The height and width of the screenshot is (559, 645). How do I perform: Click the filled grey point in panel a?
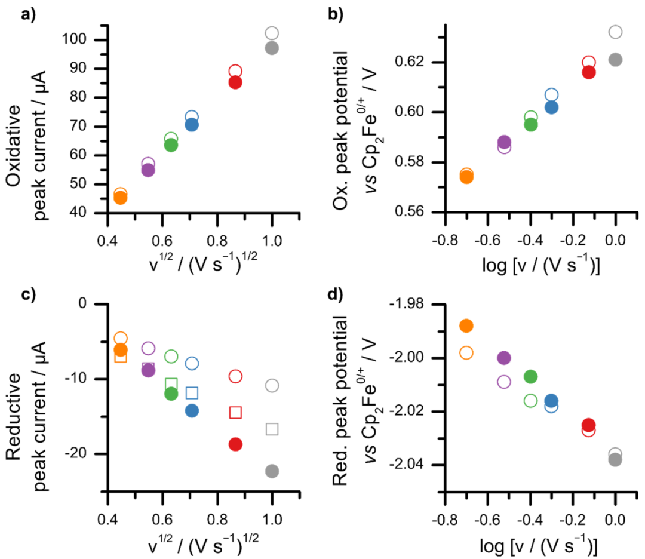click(272, 48)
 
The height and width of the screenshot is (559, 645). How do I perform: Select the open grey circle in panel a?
click(272, 33)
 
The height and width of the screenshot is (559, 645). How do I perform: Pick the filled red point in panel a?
click(235, 82)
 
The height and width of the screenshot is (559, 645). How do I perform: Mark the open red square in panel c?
click(235, 412)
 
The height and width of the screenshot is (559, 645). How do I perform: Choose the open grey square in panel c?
click(272, 429)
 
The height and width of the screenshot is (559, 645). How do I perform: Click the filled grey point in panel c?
click(272, 471)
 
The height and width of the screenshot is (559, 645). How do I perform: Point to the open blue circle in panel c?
click(192, 363)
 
